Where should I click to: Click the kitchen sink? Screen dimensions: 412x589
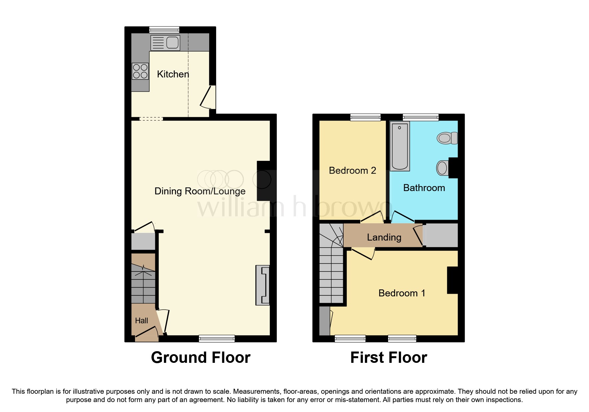click(x=165, y=43)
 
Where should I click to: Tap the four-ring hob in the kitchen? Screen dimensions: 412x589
click(x=140, y=71)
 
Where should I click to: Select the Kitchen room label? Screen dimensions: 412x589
click(x=173, y=74)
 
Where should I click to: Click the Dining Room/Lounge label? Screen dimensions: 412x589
click(x=200, y=191)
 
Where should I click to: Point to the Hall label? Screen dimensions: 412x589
click(x=141, y=321)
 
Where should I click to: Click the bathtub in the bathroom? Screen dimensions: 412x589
click(x=399, y=146)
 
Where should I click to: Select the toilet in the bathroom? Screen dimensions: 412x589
click(x=447, y=138)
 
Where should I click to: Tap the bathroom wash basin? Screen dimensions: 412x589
click(x=442, y=168)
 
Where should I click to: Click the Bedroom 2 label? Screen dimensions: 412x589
click(x=352, y=170)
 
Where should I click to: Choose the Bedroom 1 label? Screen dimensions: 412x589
click(x=402, y=293)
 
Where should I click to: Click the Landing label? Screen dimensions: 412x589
click(x=384, y=237)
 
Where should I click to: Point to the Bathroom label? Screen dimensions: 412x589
click(x=424, y=188)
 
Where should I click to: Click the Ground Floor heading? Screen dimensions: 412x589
click(x=201, y=358)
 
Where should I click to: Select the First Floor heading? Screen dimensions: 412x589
click(x=388, y=358)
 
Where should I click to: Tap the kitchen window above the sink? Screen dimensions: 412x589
click(x=164, y=30)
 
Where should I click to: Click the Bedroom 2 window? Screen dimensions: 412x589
click(x=365, y=117)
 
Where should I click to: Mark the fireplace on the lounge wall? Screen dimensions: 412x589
click(x=262, y=285)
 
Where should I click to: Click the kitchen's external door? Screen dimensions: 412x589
click(x=209, y=97)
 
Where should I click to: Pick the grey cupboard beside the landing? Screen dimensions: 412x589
click(x=442, y=235)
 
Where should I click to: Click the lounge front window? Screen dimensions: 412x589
click(x=217, y=339)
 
